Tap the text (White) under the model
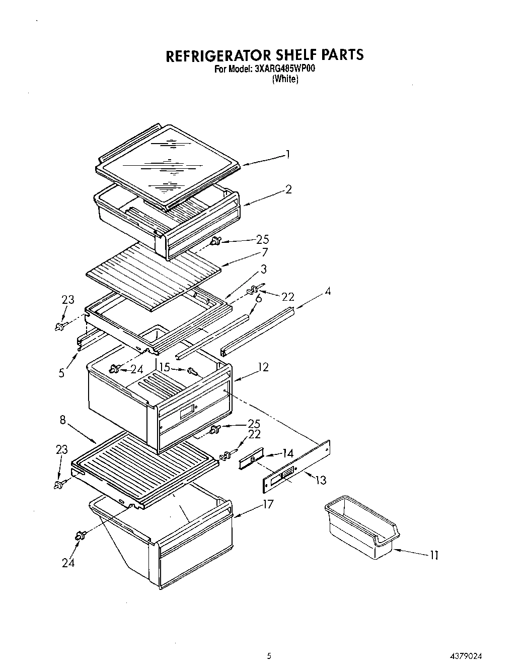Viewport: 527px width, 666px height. (x=285, y=79)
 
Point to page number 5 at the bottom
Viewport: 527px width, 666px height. (x=269, y=656)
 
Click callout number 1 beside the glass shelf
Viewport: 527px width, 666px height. (x=287, y=154)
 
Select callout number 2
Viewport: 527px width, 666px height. (x=288, y=189)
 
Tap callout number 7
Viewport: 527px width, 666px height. (x=265, y=252)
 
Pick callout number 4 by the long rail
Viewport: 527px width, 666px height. (x=328, y=291)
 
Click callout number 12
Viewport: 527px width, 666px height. (x=263, y=367)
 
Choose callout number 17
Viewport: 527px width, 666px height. (x=268, y=503)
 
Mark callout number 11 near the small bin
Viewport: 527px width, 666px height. (x=434, y=555)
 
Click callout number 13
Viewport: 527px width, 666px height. (x=320, y=480)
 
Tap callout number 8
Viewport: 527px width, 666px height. (x=62, y=420)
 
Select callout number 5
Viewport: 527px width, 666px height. (x=61, y=373)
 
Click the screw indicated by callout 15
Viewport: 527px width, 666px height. (x=192, y=371)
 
